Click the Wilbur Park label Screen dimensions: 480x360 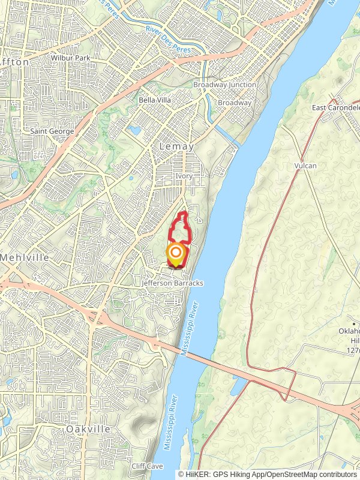[x=70, y=58]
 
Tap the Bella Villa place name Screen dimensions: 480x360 [x=155, y=100]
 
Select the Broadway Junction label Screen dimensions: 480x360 [x=224, y=85]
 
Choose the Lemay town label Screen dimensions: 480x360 [x=176, y=146]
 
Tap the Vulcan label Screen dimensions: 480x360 [x=305, y=166]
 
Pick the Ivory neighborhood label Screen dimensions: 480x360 [x=184, y=176]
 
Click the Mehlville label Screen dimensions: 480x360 [x=23, y=257]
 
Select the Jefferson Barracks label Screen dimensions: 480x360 [x=173, y=283]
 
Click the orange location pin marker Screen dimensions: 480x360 [x=175, y=254]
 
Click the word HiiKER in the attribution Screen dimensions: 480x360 [x=197, y=474]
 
